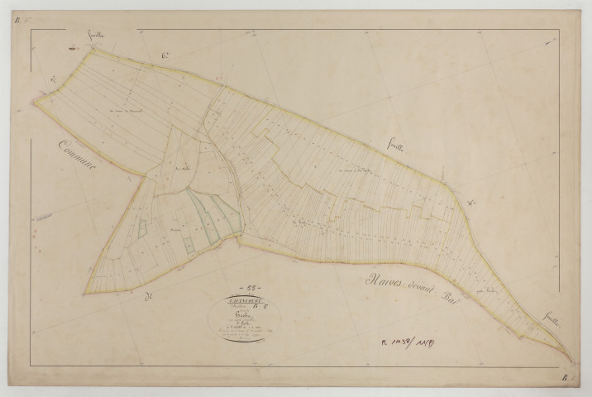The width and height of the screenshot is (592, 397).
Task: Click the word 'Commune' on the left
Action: pos(77,157)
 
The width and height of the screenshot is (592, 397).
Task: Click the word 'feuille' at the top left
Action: pos(98,36)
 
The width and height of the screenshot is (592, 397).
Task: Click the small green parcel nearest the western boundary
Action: pos(141,227)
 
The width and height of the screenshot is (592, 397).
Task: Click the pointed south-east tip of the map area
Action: pos(572,361)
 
